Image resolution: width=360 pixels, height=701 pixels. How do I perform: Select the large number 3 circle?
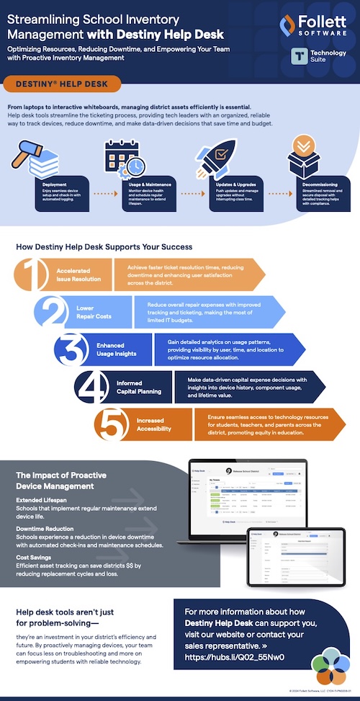pyautogui.click(x=73, y=350)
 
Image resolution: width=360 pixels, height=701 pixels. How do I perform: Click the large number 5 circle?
pyautogui.click(x=112, y=425)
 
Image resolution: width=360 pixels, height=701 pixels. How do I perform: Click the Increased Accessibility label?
pyautogui.click(x=154, y=424)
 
